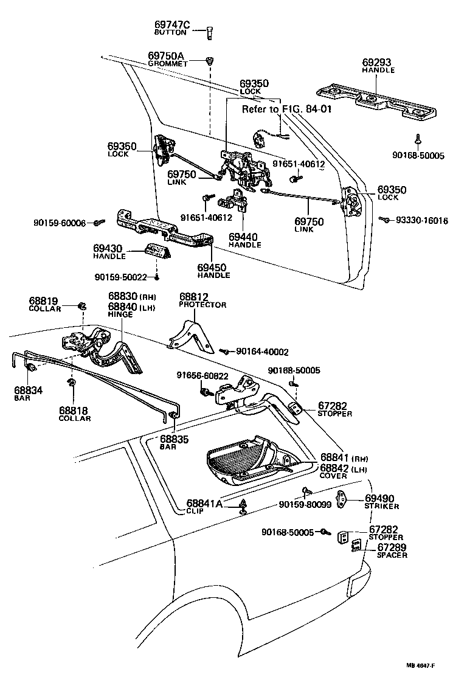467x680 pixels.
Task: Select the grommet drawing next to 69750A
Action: (x=210, y=61)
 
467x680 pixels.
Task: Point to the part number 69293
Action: (x=377, y=62)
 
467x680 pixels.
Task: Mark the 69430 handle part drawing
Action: (x=159, y=250)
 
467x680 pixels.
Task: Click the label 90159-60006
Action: (x=60, y=223)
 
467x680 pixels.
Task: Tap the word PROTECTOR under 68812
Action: (x=202, y=305)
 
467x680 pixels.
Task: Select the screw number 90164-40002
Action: (x=263, y=352)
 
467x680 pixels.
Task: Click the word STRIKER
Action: (x=381, y=506)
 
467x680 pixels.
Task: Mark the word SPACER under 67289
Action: (x=392, y=555)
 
